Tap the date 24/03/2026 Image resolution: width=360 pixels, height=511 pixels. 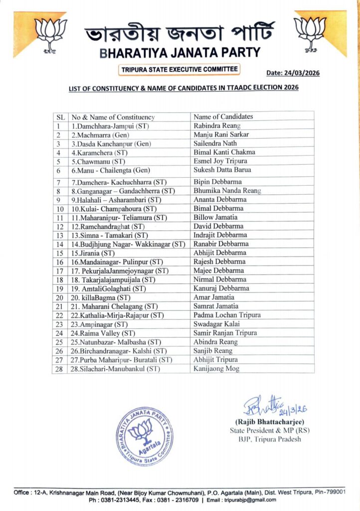coord(293,73)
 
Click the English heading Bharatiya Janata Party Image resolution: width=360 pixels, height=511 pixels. coord(180,52)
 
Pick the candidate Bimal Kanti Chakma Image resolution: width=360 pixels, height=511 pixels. coord(224,152)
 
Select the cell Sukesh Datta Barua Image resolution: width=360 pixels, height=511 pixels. coord(223,170)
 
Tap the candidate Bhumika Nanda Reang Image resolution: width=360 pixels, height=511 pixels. coord(227,191)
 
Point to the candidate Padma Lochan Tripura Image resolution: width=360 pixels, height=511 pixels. coord(227,315)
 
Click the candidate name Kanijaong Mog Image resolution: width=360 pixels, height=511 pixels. coord(216,369)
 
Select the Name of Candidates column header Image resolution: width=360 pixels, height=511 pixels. coord(223,117)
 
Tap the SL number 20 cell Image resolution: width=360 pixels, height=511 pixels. coord(59,297)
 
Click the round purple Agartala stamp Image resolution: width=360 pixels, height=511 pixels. coord(145,436)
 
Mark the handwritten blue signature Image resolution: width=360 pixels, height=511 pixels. coord(274,407)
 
